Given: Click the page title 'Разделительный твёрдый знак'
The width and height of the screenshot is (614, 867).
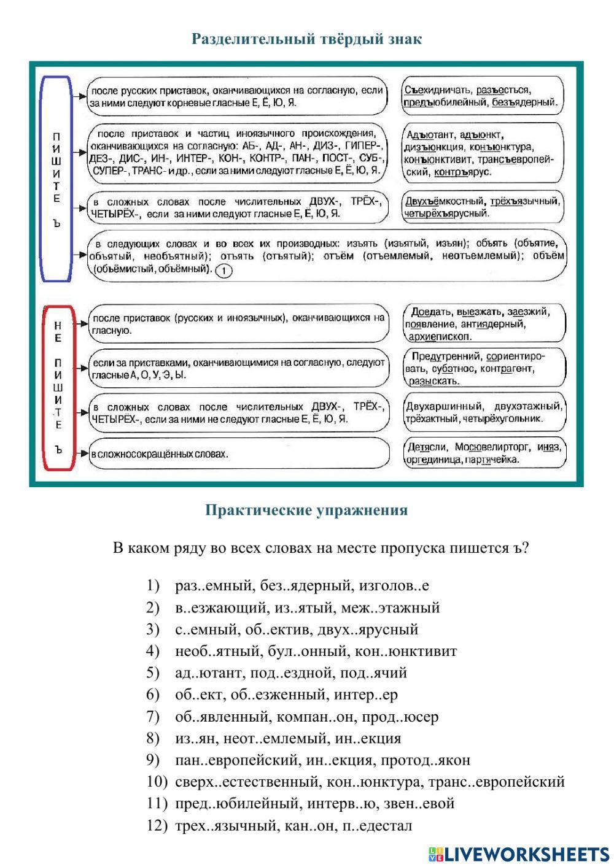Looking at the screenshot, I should (x=306, y=39).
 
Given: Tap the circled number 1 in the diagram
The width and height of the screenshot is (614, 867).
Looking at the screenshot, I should (x=225, y=270).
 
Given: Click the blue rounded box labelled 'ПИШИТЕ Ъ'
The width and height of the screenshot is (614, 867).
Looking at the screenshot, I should (x=56, y=178).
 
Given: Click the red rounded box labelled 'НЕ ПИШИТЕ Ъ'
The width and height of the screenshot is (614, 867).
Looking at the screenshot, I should (x=58, y=388).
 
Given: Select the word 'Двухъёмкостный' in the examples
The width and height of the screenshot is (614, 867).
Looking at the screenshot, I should (x=445, y=201).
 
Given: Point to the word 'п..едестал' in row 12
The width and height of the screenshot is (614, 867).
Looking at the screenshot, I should (x=378, y=825).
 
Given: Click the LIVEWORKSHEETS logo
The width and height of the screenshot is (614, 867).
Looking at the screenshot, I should (x=518, y=854).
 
